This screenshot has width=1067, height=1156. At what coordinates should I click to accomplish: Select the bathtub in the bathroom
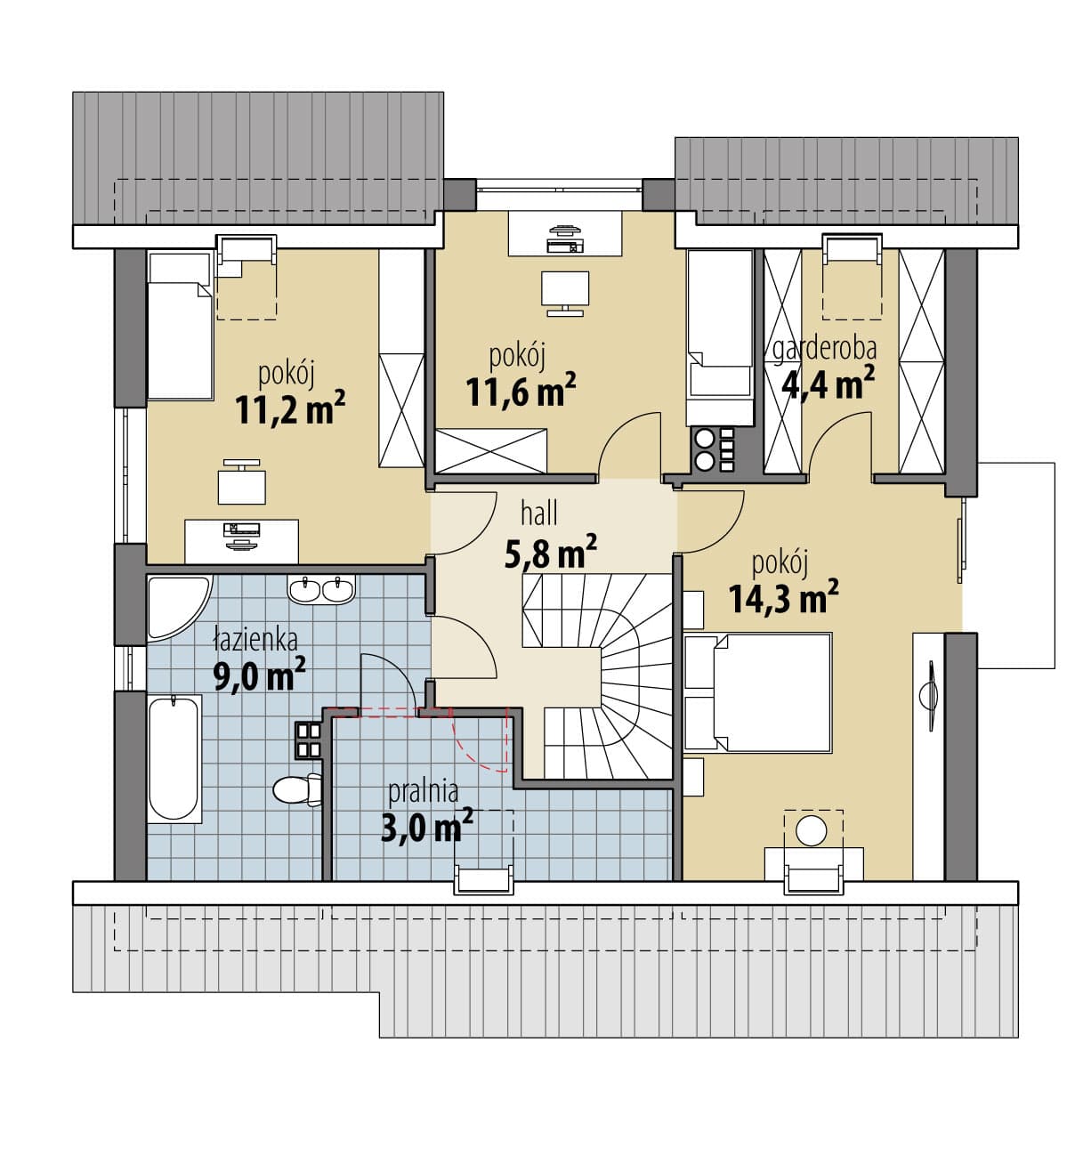[174, 758]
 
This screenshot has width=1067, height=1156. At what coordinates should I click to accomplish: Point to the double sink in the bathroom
[320, 589]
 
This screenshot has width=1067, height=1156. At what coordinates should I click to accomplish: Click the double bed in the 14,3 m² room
[757, 692]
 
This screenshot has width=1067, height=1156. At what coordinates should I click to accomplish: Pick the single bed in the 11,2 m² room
[179, 326]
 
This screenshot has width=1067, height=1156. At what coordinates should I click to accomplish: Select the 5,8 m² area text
[550, 552]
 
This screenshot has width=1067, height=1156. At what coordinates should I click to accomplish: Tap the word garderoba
[824, 349]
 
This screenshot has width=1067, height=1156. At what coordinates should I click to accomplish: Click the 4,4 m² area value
[828, 383]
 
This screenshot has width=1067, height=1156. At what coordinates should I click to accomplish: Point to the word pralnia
[424, 793]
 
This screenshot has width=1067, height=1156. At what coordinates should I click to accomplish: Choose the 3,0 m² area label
[426, 827]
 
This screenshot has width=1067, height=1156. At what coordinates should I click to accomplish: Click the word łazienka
[255, 640]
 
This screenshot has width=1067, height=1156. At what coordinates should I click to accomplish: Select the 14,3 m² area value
[783, 597]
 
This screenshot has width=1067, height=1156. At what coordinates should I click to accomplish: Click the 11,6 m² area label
[521, 390]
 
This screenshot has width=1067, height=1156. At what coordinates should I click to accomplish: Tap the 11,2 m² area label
[290, 408]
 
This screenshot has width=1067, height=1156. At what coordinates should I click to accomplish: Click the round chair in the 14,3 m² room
[812, 830]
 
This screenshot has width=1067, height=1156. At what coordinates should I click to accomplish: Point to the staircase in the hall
[596, 676]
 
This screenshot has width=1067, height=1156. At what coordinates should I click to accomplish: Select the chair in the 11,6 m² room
[564, 292]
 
